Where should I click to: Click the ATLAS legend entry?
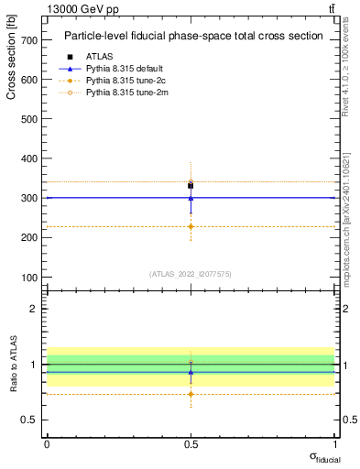(x=100, y=56)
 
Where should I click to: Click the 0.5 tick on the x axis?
(x=191, y=444)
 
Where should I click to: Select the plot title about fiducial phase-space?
(x=192, y=37)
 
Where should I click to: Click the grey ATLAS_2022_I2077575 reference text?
(x=191, y=274)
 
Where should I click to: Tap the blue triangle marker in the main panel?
(x=191, y=197)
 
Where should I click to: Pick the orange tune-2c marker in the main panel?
(x=191, y=226)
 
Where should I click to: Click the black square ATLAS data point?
(x=191, y=186)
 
